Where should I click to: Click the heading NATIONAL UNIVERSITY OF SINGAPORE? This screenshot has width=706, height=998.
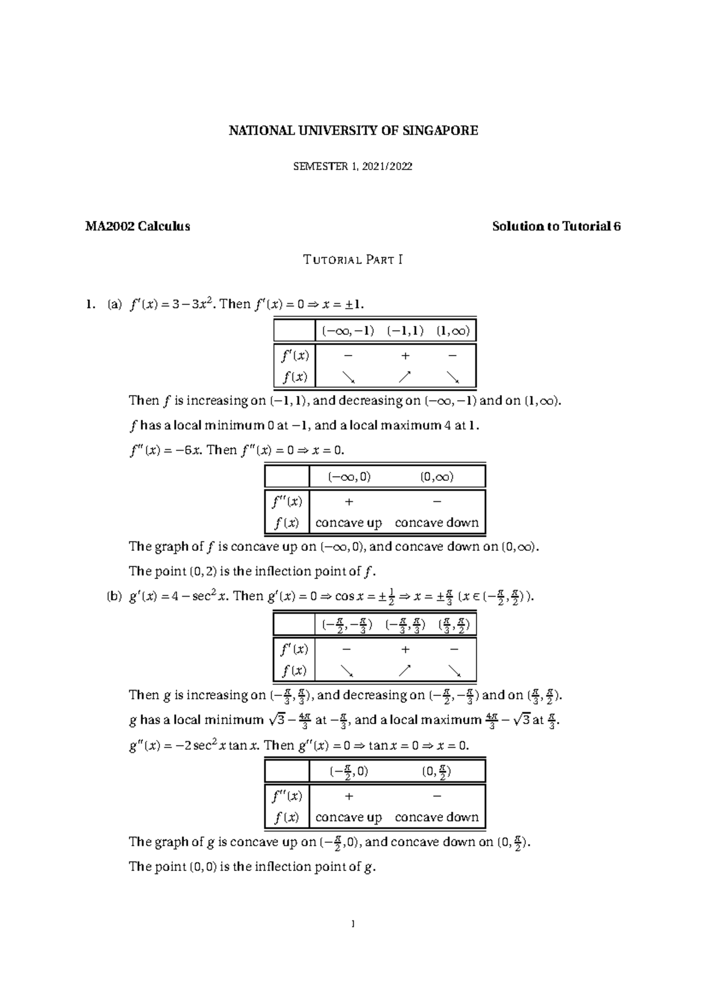pyautogui.click(x=353, y=130)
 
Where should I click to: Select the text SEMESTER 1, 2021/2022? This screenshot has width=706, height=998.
pyautogui.click(x=353, y=166)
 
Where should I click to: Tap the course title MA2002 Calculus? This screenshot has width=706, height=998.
pyautogui.click(x=138, y=226)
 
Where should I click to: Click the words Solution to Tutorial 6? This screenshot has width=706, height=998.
pyautogui.click(x=556, y=226)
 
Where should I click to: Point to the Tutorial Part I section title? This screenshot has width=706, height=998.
pyautogui.click(x=353, y=259)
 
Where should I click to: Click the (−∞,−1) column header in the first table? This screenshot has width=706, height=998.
pyautogui.click(x=347, y=330)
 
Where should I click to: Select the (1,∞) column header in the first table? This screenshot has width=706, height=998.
pyautogui.click(x=452, y=330)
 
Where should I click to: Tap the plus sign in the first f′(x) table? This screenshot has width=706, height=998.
pyautogui.click(x=405, y=356)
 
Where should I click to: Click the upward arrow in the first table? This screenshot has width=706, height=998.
pyautogui.click(x=405, y=376)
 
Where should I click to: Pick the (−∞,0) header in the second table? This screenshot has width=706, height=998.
pyautogui.click(x=349, y=477)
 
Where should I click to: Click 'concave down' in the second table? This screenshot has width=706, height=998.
pyautogui.click(x=437, y=523)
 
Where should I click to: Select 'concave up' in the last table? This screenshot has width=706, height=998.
pyautogui.click(x=348, y=817)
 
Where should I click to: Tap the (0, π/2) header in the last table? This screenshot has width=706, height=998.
pyautogui.click(x=437, y=771)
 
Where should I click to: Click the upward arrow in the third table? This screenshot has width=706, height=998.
pyautogui.click(x=405, y=670)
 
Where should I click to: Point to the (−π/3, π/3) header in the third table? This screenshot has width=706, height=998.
pyautogui.click(x=405, y=625)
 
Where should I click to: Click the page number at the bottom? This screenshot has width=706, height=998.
pyautogui.click(x=352, y=925)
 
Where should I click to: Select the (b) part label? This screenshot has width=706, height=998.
pyautogui.click(x=114, y=596)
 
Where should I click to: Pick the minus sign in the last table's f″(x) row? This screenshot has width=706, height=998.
pyautogui.click(x=437, y=796)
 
